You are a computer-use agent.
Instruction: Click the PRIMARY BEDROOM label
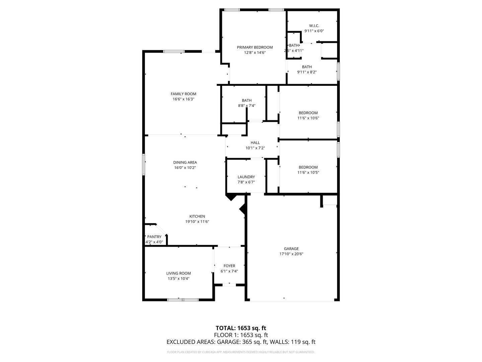tap(255, 47)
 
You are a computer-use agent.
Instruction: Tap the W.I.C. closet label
tap(314, 26)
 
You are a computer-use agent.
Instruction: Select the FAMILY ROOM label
tap(183, 94)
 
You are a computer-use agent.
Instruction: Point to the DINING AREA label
tap(185, 163)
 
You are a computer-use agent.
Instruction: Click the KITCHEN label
tap(197, 217)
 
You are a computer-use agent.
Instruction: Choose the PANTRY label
tap(154, 237)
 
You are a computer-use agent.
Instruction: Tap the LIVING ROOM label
tap(178, 274)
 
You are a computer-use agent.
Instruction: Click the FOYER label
tap(229, 266)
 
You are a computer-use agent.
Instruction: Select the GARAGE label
tap(291, 249)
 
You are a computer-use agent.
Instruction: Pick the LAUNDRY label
tap(246, 177)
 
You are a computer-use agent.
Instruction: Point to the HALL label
tap(255, 143)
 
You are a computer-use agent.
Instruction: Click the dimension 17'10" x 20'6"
tap(291, 254)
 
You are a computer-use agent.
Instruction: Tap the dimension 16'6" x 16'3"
tap(183, 99)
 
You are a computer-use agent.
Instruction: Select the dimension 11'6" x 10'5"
tap(308, 173)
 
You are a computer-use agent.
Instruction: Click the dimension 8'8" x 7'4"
tap(247, 106)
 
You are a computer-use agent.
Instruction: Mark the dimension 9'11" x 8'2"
tap(307, 72)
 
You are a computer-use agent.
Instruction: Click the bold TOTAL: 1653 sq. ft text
tap(241, 328)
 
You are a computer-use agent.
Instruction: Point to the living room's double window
tap(183, 300)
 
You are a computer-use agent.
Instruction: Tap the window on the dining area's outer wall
tap(144, 164)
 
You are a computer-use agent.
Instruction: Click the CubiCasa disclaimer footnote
tap(241, 352)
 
